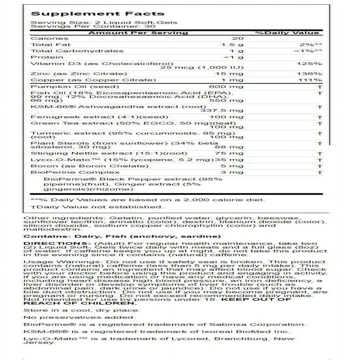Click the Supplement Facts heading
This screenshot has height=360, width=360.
98,14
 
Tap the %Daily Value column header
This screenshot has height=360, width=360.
287,33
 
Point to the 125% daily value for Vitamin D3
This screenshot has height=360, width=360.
311,64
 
